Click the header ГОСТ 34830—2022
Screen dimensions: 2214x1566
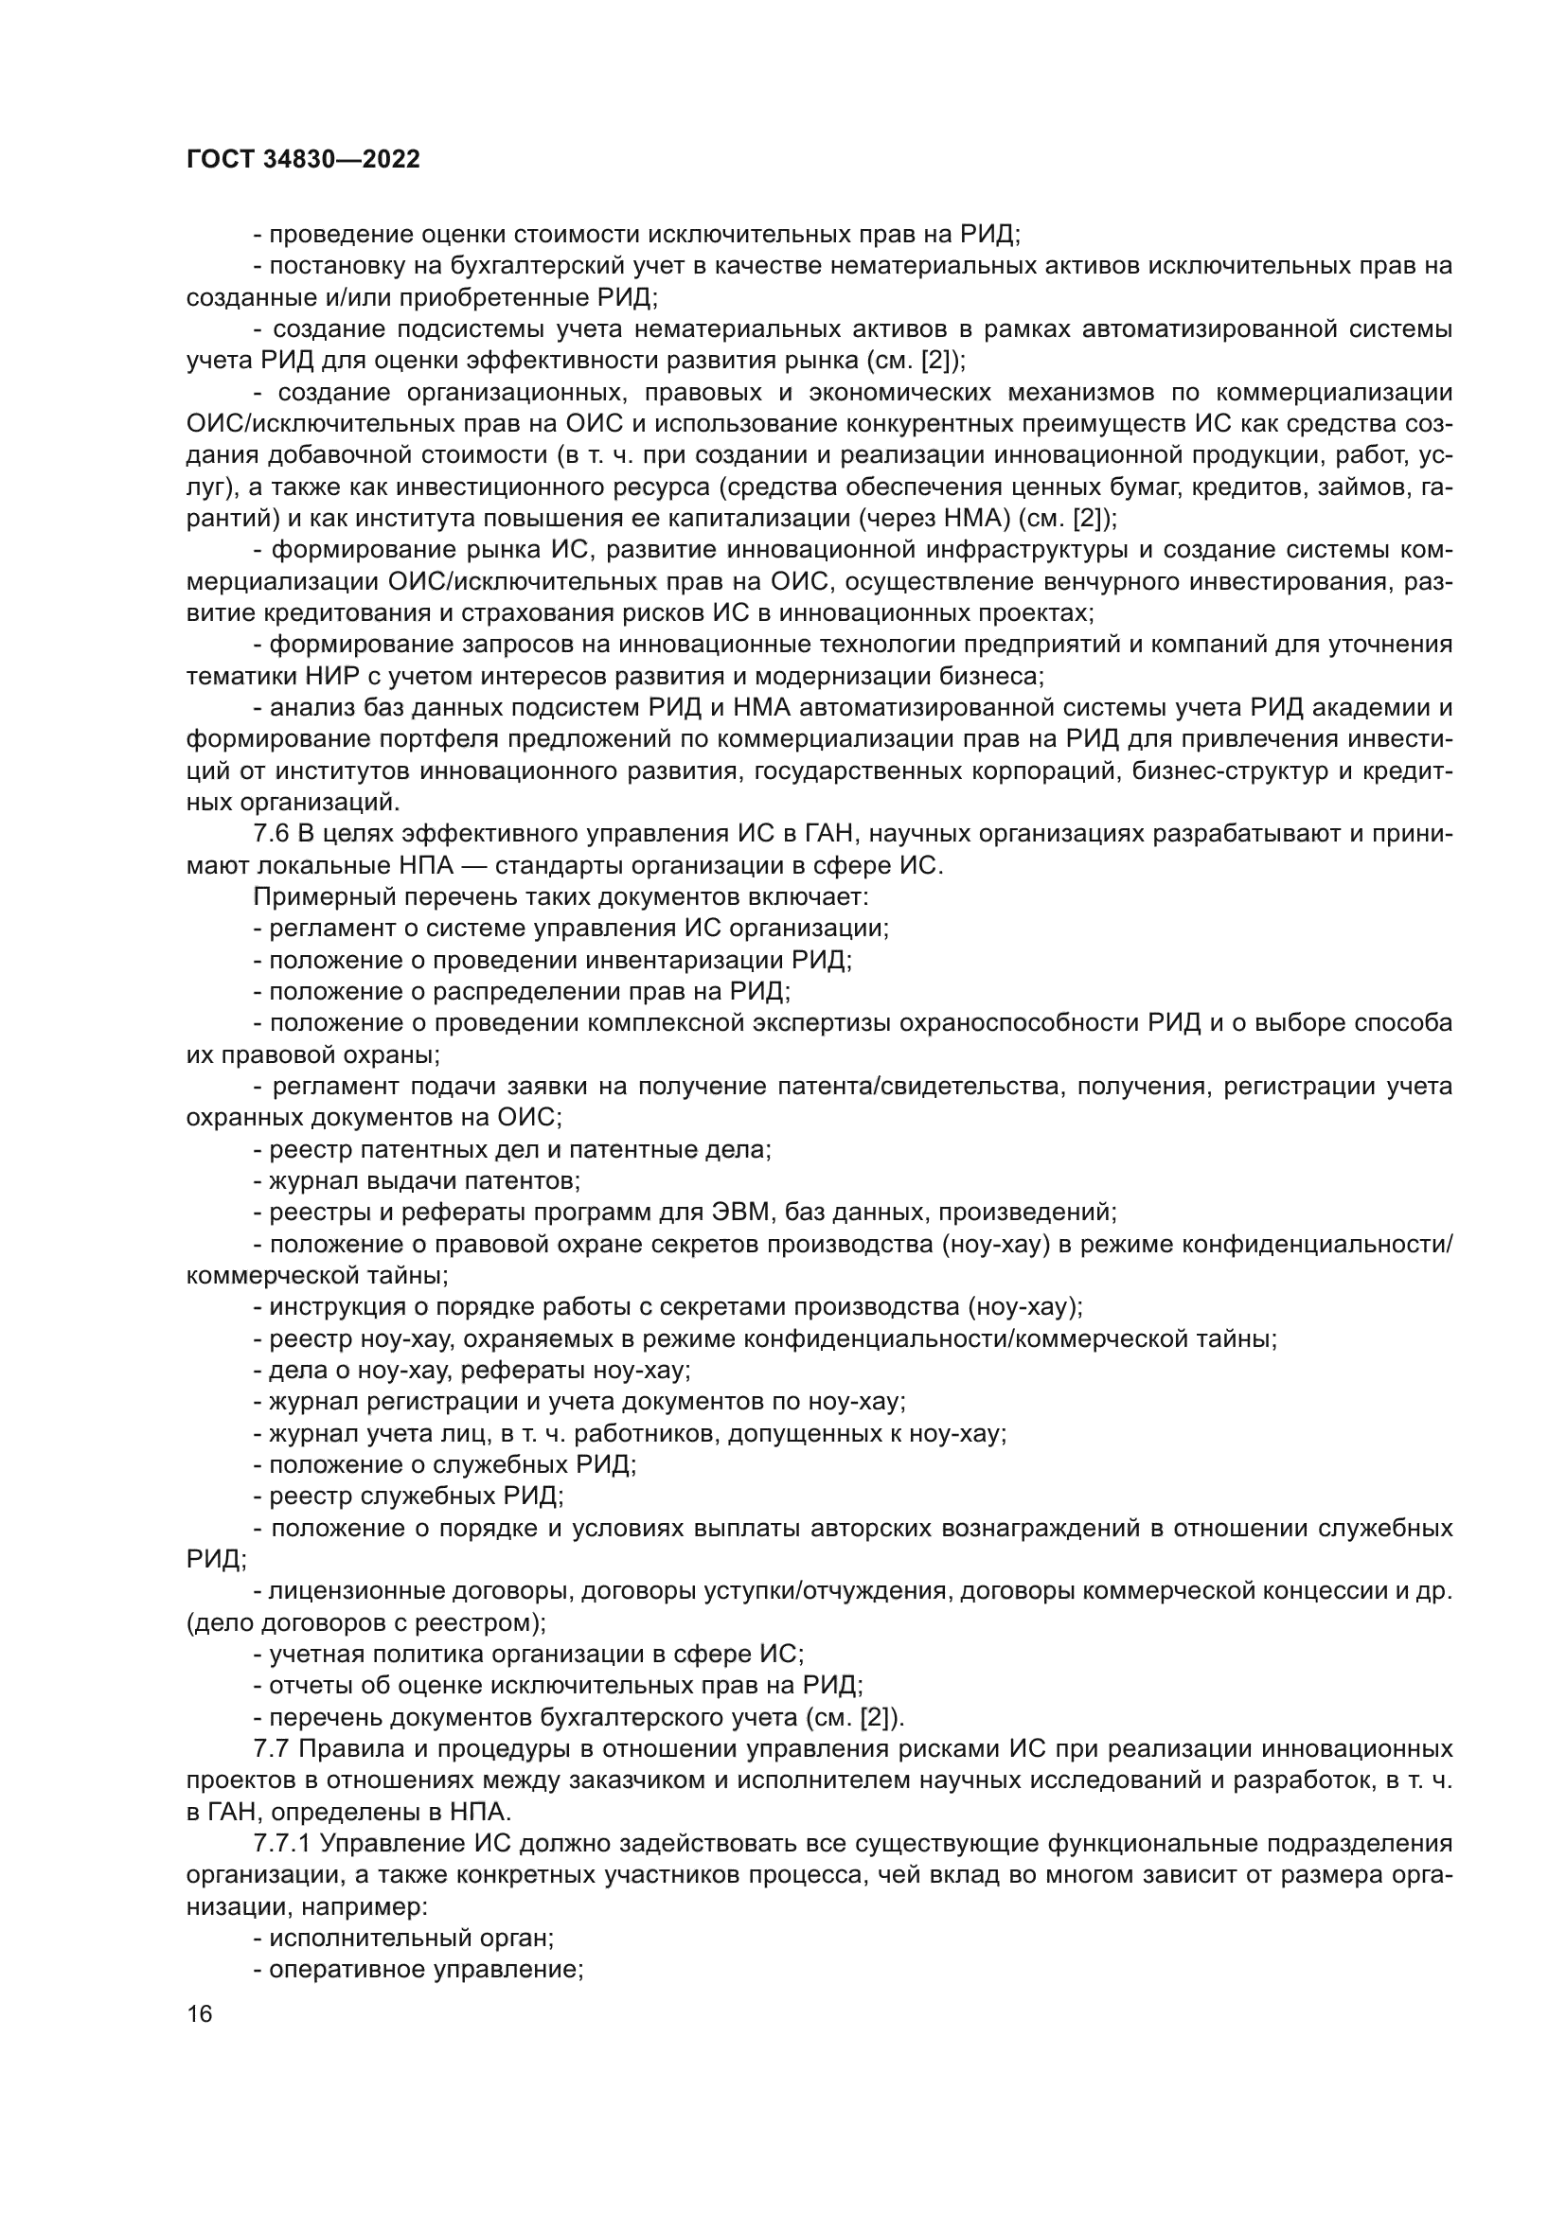[303, 160]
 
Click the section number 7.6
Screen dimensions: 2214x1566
[271, 834]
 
